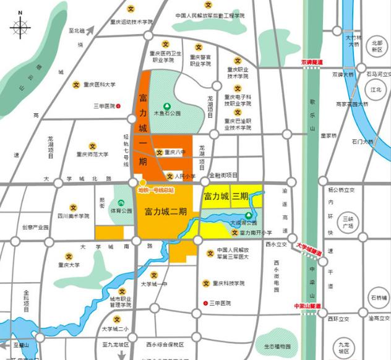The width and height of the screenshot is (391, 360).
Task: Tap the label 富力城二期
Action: (165, 212)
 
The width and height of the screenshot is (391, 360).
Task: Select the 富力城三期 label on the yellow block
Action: (225, 197)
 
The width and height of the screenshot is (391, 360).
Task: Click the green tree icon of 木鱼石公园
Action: (166, 106)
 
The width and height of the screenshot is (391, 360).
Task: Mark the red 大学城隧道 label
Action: (311, 249)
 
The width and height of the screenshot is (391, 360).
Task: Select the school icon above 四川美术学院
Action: (73, 207)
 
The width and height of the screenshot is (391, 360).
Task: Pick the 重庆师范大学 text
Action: (92, 155)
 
